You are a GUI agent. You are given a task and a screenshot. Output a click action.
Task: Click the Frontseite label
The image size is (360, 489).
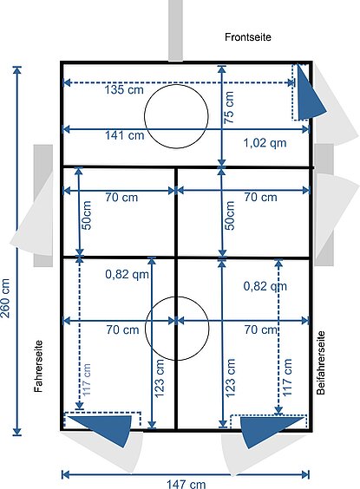[x=248, y=37]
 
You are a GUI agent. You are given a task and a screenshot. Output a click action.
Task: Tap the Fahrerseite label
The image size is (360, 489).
[x=38, y=366]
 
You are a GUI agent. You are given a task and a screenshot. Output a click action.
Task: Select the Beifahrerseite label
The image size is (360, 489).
[x=321, y=363]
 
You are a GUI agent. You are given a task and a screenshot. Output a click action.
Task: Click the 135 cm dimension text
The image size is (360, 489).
[x=124, y=90]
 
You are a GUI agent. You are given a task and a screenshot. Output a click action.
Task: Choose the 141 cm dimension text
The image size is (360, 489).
[x=124, y=135]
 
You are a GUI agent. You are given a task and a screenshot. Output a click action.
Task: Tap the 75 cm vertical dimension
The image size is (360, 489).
[x=229, y=108]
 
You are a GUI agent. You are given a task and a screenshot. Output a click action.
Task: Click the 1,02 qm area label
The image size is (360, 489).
[x=265, y=143]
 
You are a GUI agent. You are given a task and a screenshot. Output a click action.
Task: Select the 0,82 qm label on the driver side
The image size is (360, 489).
[x=127, y=275]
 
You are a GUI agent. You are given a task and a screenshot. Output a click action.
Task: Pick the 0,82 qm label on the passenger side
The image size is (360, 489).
[x=265, y=286]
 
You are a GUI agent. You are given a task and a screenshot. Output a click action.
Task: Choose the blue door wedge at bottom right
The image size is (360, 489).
[x=265, y=430]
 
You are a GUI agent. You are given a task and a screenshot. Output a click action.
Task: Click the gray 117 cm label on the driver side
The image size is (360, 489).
[x=87, y=380]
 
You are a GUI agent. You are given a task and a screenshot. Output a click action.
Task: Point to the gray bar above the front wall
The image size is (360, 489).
[x=175, y=30]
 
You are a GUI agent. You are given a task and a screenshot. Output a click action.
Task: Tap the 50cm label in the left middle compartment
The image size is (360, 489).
[x=87, y=215]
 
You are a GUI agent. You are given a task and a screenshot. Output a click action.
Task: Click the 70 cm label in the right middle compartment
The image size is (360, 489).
[x=260, y=197]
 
